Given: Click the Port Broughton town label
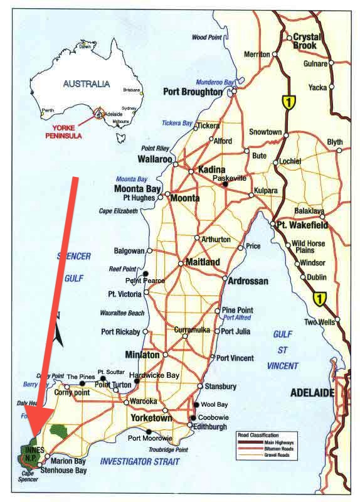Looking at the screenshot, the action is [x=193, y=92].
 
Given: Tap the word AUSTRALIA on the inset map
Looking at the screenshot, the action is [x=87, y=83].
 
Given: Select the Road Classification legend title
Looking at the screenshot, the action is [x=262, y=434].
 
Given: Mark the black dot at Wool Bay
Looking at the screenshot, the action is [x=197, y=405].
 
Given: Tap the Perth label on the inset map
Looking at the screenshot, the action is [x=47, y=110].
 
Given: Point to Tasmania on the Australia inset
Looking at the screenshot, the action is [x=121, y=134].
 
